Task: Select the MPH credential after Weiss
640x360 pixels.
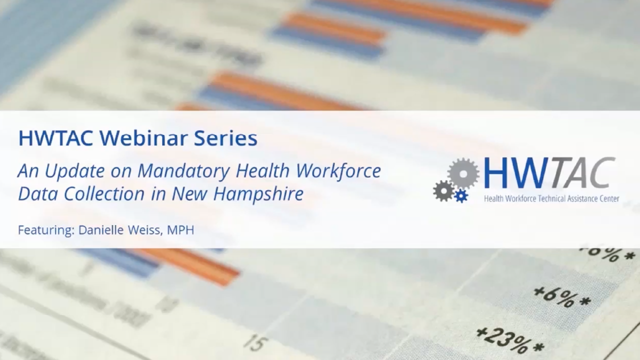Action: pos(180,230)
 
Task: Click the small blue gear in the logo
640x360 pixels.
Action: pos(461,196)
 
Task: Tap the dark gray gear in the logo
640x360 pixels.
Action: pos(443,191)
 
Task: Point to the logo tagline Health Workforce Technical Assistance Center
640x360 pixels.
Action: pos(551,198)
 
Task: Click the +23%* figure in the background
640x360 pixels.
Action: pos(509,339)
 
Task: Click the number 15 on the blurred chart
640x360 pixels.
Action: pos(255,342)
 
